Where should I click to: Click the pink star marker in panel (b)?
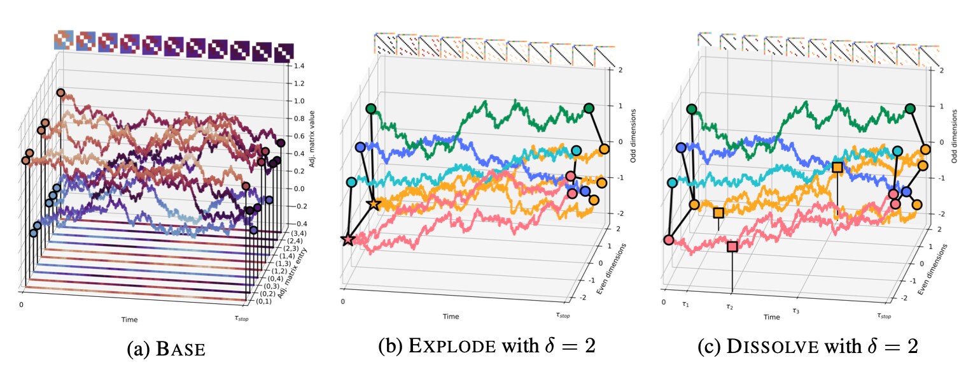347,240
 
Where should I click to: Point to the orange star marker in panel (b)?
374,205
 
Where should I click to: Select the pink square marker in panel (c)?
732,246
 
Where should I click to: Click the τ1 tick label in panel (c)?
686,305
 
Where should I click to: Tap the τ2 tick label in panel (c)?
731,308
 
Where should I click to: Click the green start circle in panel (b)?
371,109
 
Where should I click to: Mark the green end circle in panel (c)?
910,109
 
